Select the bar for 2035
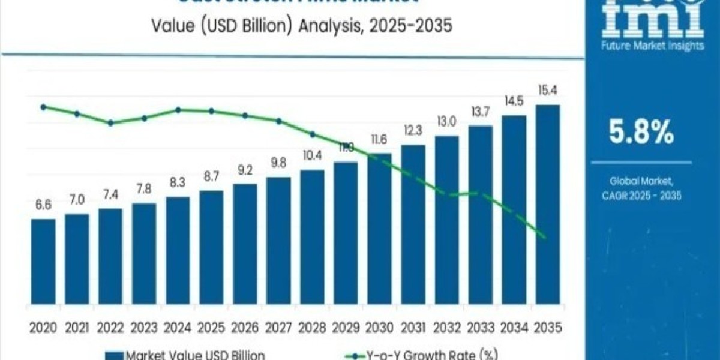(547, 210)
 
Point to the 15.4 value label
(547, 92)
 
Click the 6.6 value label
(43, 206)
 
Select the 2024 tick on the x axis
(178, 328)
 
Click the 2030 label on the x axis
(379, 328)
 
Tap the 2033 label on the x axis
(480, 328)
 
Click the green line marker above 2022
(110, 123)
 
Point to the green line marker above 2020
(43, 107)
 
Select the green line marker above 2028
(312, 134)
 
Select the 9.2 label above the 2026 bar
(245, 171)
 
